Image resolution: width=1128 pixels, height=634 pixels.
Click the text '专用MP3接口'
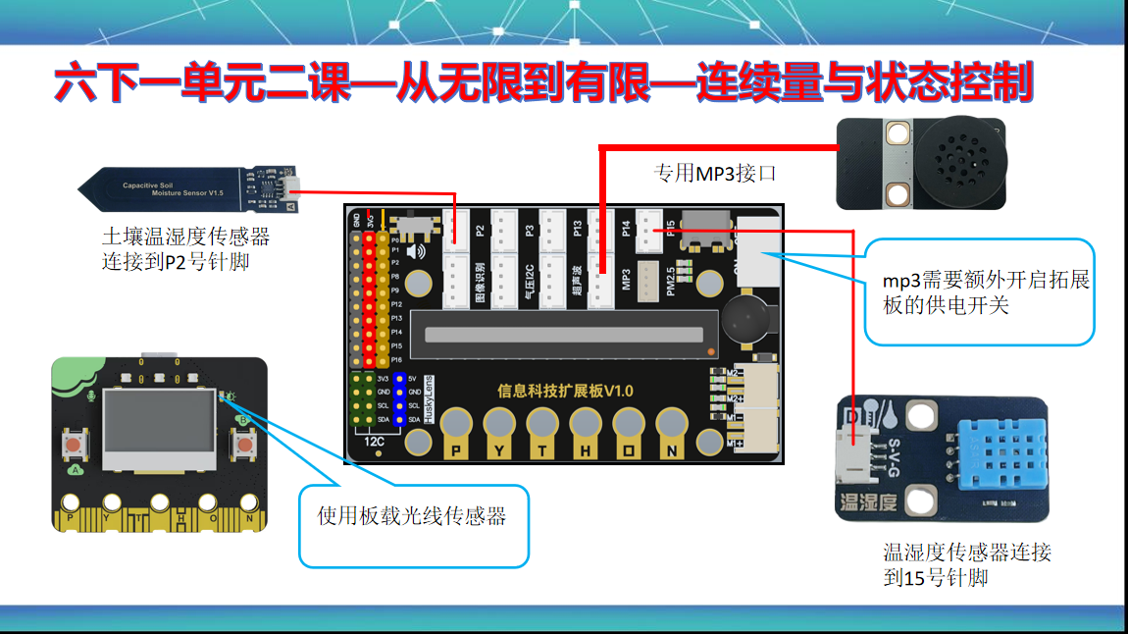pos(715,174)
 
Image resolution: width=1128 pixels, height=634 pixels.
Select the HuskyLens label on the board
pos(428,398)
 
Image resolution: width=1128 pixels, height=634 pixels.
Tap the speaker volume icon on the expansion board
pos(417,251)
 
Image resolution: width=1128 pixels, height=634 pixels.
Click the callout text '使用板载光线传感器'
pos(412,516)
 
